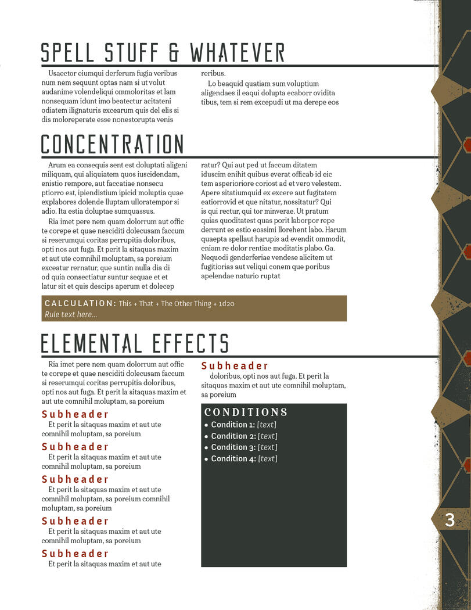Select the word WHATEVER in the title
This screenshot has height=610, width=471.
tap(237, 52)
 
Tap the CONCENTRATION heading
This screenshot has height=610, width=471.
tap(112, 145)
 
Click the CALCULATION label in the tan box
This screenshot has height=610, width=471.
tap(80, 303)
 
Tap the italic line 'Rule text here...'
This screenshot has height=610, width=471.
tap(71, 314)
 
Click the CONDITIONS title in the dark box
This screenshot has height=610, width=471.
tap(246, 412)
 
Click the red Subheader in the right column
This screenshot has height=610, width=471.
tap(235, 366)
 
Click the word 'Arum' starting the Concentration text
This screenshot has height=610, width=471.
tap(57, 165)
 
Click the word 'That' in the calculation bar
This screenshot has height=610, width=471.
tap(146, 303)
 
